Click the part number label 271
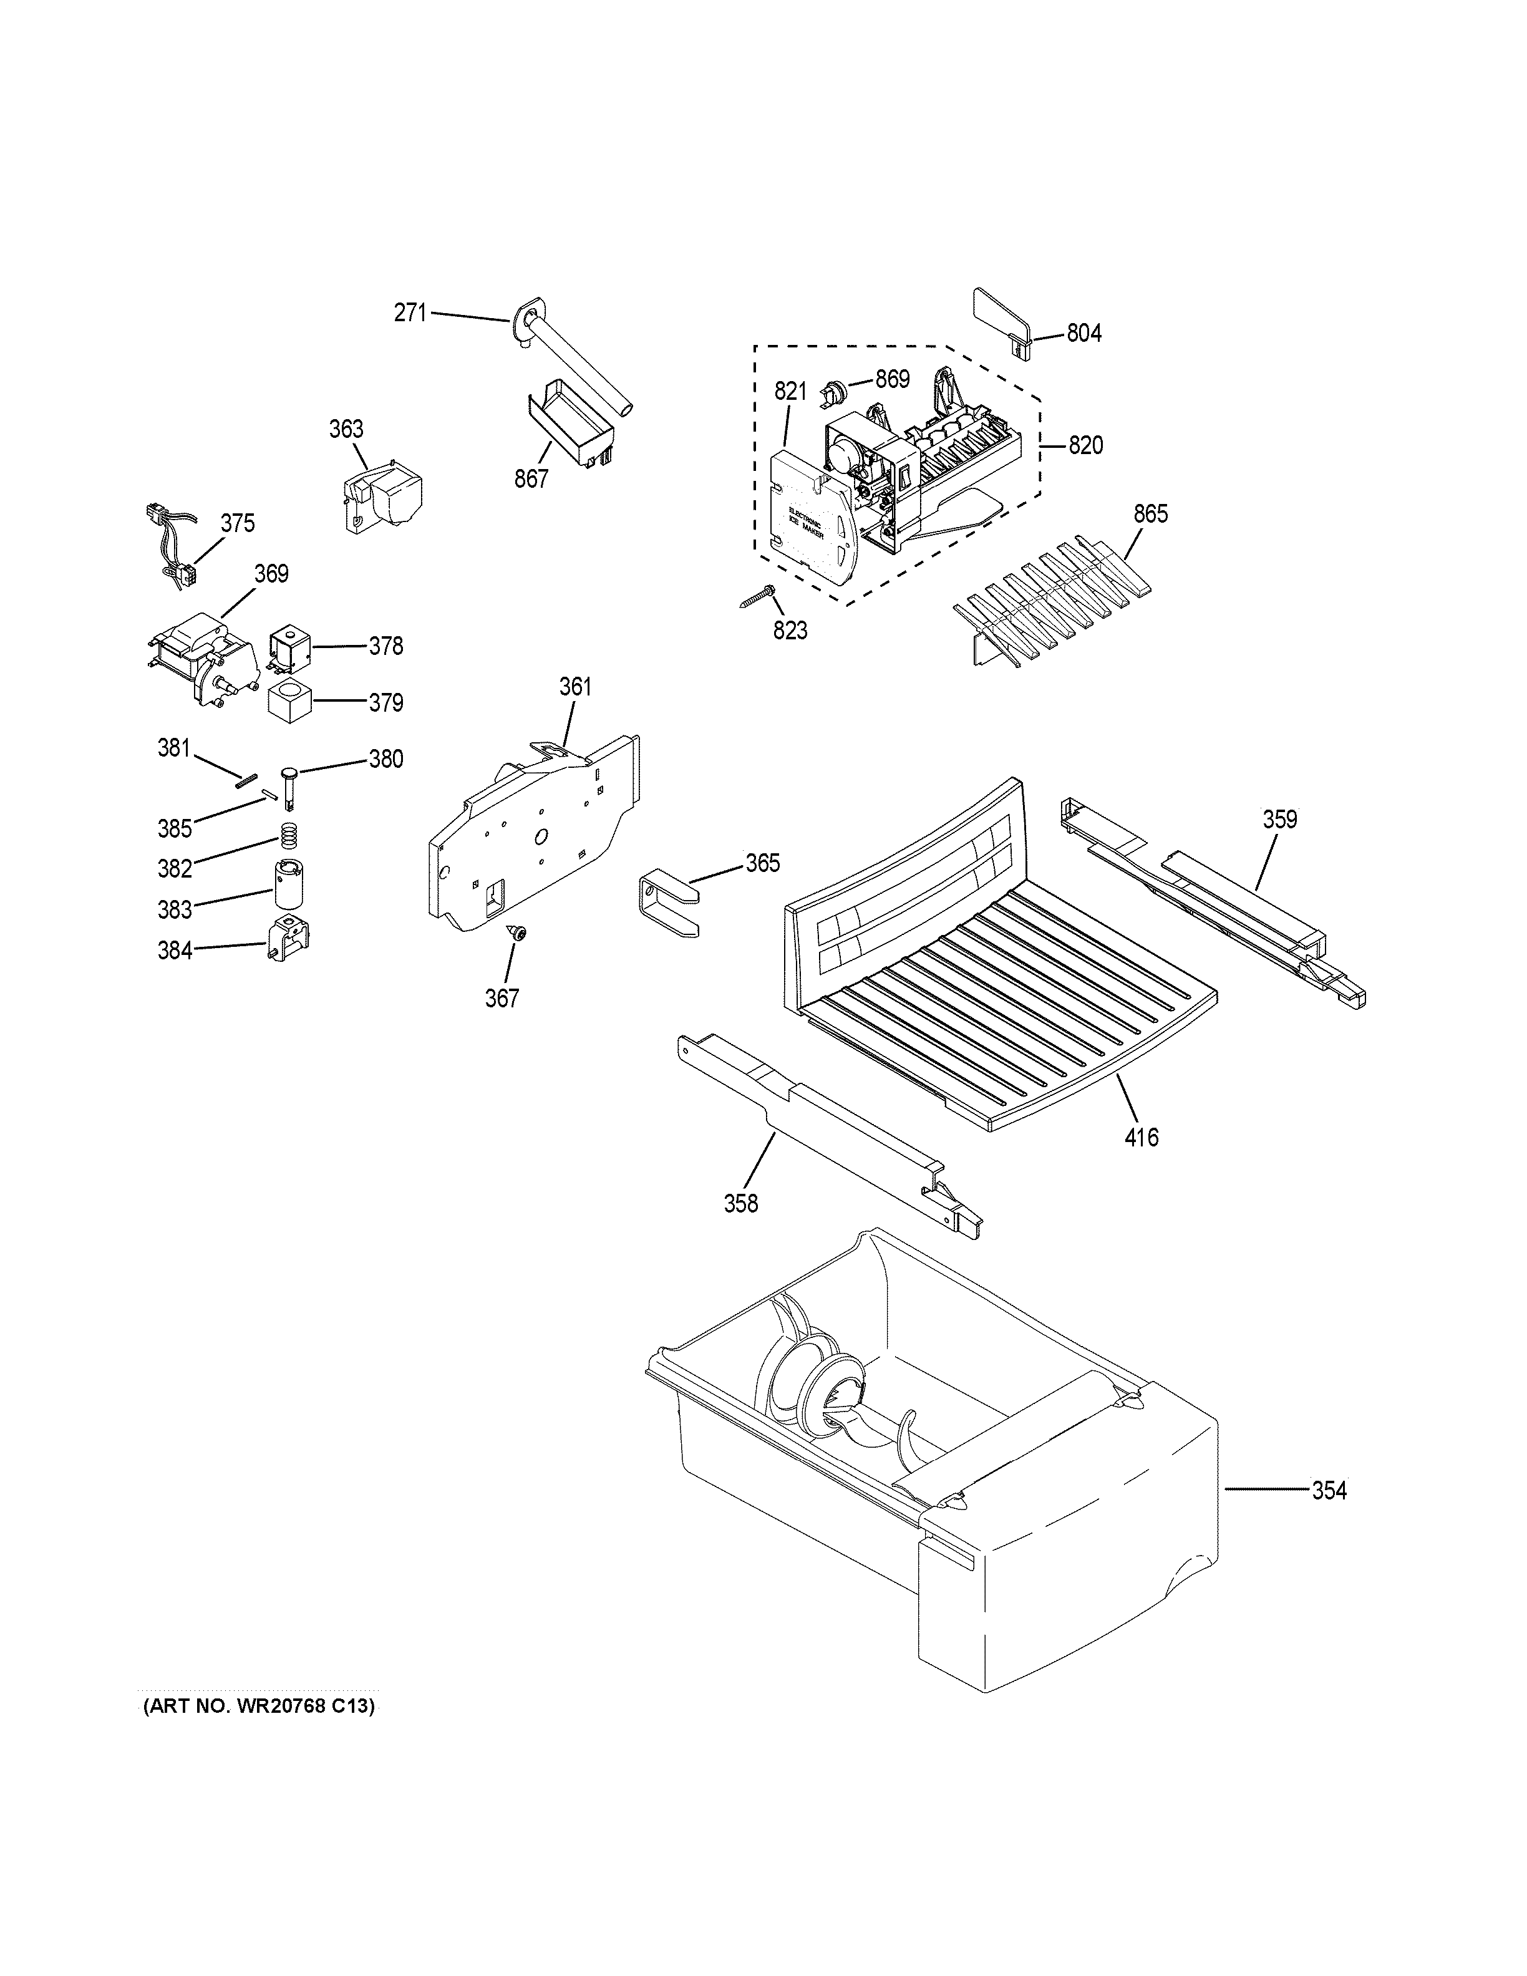coord(410,313)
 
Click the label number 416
coord(1141,1136)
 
